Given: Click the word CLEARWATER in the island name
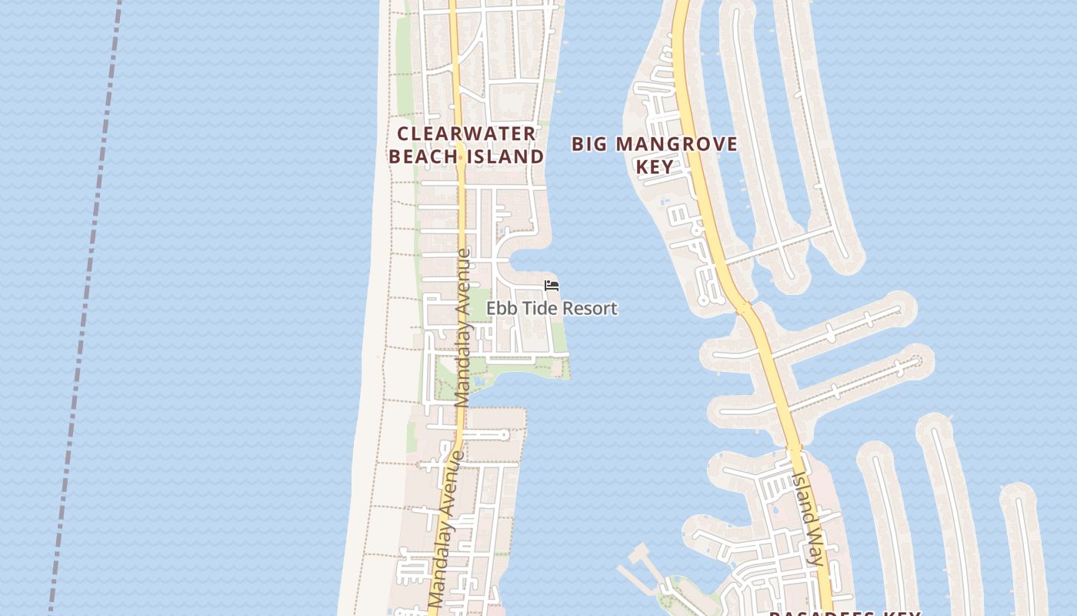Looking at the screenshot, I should tap(466, 134).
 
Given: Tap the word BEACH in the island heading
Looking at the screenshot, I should tap(422, 156).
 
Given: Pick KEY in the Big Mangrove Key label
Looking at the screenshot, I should tap(655, 166).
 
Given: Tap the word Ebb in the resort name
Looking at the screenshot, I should tap(502, 309).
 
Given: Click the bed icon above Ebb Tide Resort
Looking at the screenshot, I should tap(551, 286).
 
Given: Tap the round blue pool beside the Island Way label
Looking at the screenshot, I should tap(775, 511).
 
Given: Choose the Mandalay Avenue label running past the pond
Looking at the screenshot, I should tap(462, 327).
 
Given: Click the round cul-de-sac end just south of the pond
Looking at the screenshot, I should tap(505, 435).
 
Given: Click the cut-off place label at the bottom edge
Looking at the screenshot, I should tap(844, 612).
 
